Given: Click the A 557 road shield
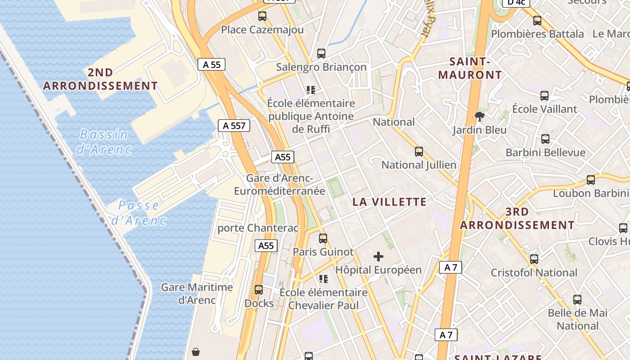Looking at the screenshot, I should pos(234,126).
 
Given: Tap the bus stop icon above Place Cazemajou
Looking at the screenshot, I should pos(262,16).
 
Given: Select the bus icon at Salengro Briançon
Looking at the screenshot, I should pos(321,54).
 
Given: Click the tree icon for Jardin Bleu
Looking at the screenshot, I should pos(480,117).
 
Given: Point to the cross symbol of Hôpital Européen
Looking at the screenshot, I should pos(378,256).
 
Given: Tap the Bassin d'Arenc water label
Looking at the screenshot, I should pos(104,141).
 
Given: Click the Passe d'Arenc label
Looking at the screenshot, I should pos(139,213).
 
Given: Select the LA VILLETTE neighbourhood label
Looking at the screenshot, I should pos(389,202).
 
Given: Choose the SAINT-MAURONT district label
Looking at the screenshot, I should pos(470,68).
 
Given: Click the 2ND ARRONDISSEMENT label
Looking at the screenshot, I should pos(100,79).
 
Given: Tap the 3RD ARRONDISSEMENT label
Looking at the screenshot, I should pos(517,218).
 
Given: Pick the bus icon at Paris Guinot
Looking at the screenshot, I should pos(323,238).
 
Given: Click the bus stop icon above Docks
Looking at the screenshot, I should pos(259,290).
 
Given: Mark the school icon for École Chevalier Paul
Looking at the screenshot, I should pos(323,279).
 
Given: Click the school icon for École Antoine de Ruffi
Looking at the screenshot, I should pos(310,90).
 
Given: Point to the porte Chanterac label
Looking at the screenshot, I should pos(258,228).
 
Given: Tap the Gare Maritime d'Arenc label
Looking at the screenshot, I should pos(197,293).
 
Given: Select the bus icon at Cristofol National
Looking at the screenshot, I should pos(534,259).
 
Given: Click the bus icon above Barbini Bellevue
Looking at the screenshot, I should pos(545,139).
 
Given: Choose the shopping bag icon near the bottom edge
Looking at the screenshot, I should pos(196,352).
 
